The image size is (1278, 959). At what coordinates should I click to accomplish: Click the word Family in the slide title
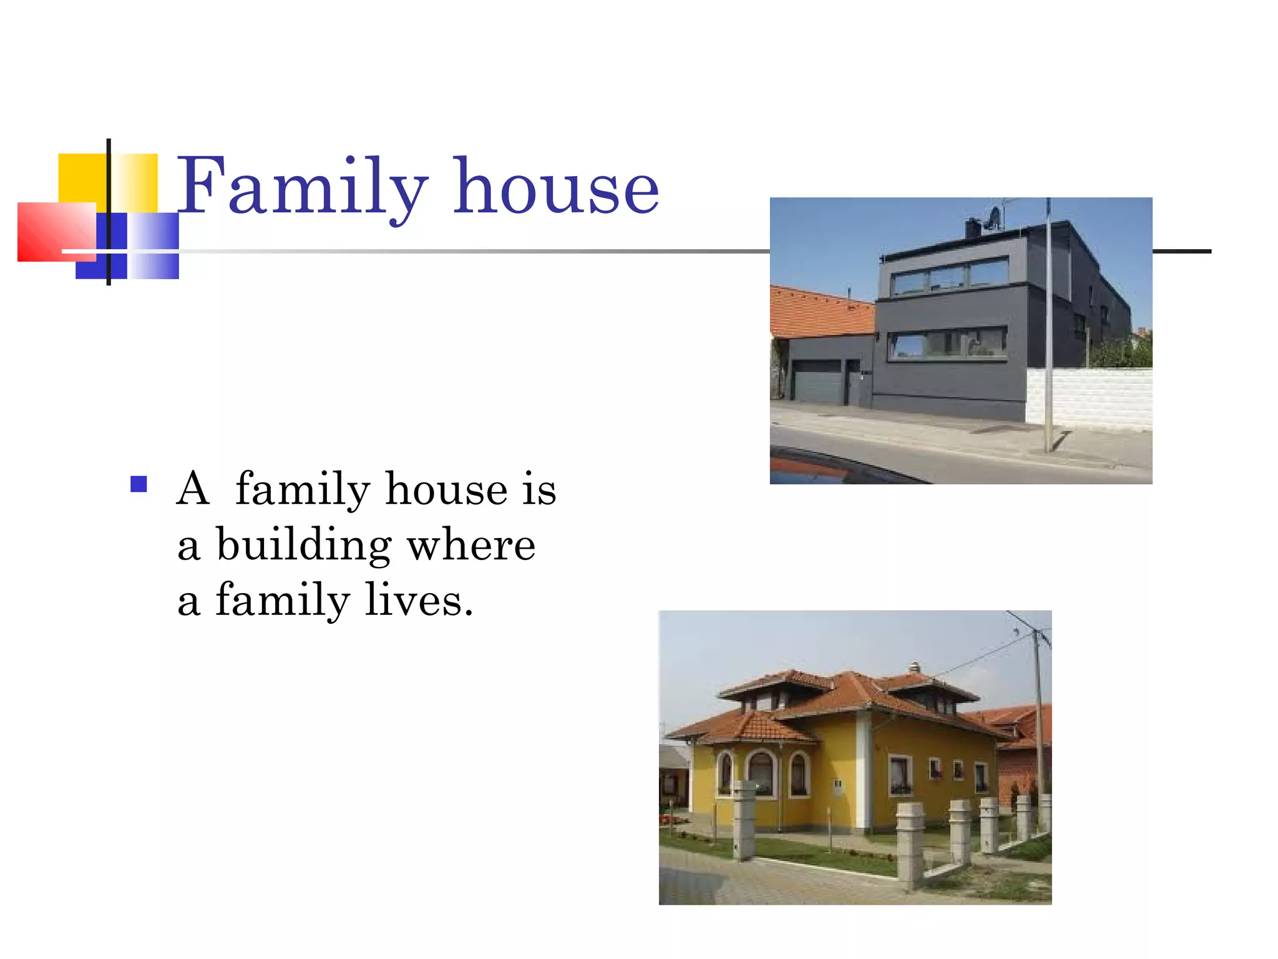[x=303, y=186]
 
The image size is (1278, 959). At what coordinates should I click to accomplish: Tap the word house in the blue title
[x=555, y=186]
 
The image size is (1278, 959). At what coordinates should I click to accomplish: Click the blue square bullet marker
[x=139, y=484]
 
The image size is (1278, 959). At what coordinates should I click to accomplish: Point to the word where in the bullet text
[x=471, y=544]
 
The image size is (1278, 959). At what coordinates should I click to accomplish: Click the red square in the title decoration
[x=56, y=231]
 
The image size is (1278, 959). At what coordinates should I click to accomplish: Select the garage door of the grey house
[x=817, y=381]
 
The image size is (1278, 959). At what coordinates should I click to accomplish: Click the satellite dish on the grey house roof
[x=993, y=218]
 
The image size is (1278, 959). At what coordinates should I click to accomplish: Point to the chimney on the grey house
[x=972, y=228]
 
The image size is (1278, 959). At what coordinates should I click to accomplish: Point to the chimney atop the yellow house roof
[x=914, y=667]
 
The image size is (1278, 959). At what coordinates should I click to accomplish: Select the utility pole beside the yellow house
[x=1038, y=718]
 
